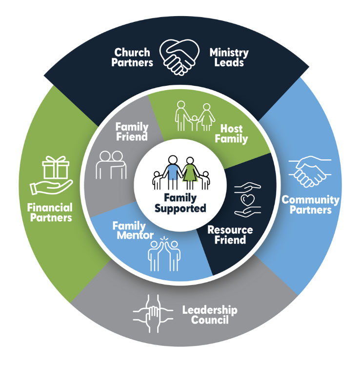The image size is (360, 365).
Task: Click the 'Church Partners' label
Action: click(132, 58)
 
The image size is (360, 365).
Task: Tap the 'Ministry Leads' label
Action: click(229, 58)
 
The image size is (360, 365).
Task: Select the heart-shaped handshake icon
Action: click(180, 57)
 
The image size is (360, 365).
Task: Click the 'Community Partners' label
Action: click(310, 205)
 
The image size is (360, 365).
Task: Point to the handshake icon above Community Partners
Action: click(310, 172)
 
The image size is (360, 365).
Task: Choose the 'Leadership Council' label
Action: click(210, 314)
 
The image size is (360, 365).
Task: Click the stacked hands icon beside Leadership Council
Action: click(153, 313)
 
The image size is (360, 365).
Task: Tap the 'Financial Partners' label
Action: click(50, 212)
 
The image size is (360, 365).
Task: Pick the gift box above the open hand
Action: click(56, 167)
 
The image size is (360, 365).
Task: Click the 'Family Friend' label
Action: click(132, 132)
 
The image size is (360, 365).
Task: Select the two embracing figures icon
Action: click(111, 165)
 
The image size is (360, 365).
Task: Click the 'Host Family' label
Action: click(231, 134)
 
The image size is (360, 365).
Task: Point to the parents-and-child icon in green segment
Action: click(195, 116)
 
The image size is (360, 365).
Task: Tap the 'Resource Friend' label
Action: click(230, 235)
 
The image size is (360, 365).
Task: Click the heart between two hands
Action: click(247, 200)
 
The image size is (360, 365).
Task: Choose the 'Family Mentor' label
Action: click(133, 230)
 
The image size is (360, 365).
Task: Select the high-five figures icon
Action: click(164, 254)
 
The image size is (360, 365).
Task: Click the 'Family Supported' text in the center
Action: click(180, 203)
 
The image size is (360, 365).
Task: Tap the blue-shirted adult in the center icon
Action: click(172, 172)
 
